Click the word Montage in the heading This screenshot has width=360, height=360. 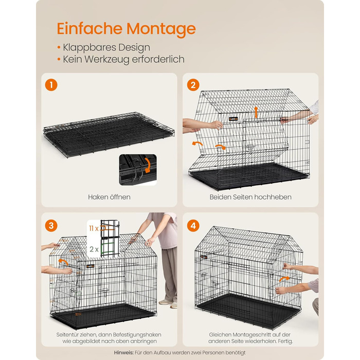click(161, 29)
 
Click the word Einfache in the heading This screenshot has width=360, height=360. click(89, 28)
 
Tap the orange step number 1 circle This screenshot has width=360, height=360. click(51, 85)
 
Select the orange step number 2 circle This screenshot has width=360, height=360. click(193, 85)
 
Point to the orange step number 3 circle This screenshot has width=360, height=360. click(51, 226)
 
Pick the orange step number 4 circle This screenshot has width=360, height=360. click(193, 226)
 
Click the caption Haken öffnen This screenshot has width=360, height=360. click(109, 197)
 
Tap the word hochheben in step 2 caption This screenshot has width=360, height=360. click(273, 197)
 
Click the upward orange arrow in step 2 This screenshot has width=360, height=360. click(256, 112)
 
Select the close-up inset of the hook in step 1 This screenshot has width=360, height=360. click(138, 170)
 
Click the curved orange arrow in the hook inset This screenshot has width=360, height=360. click(148, 165)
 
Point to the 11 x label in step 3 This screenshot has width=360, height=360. click(94, 228)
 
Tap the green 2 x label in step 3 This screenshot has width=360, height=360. click(94, 249)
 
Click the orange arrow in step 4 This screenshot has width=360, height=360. click(284, 279)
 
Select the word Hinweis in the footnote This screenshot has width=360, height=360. click(123, 352)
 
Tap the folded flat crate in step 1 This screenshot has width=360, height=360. click(109, 134)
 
